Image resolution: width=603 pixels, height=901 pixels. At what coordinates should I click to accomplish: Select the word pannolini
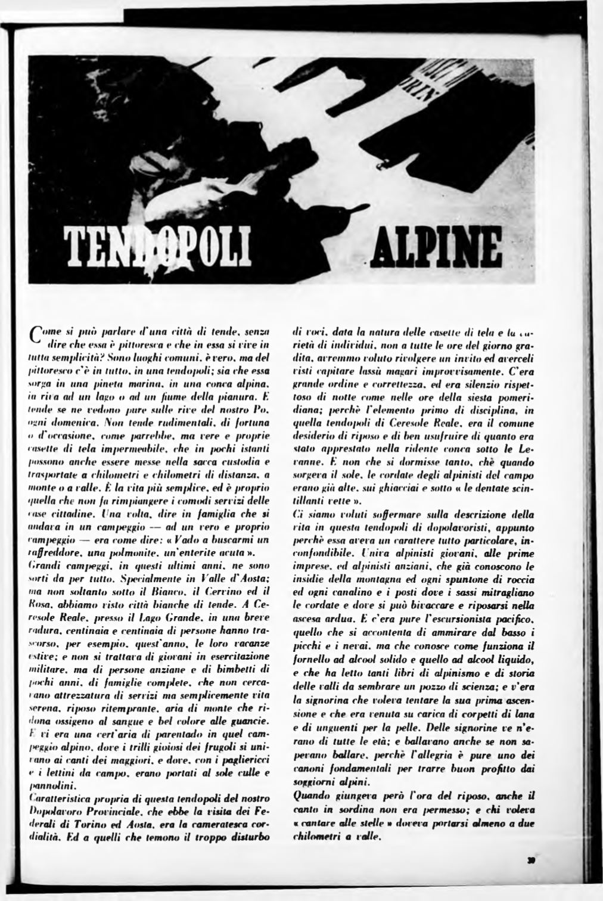[48, 784]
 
